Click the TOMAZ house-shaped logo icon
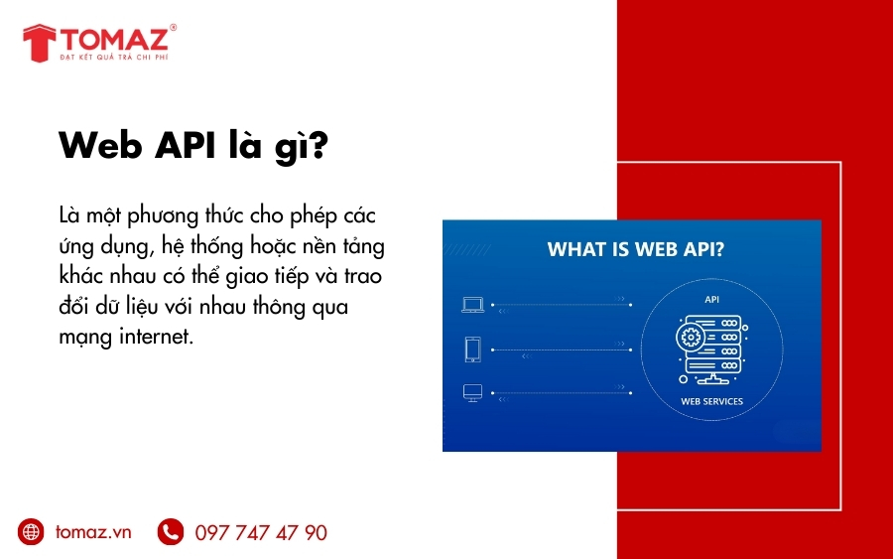[x=39, y=43]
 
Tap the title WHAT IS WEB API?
[x=636, y=249]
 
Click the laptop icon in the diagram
[x=472, y=306]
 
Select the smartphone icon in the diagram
[x=472, y=349]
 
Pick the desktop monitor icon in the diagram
[x=472, y=393]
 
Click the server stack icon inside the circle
[x=711, y=349]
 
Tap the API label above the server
[x=711, y=298]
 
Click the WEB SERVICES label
[x=711, y=402]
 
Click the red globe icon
[x=32, y=532]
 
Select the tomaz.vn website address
[x=93, y=532]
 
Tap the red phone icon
[x=170, y=532]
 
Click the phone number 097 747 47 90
[x=261, y=533]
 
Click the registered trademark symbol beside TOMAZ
[x=173, y=28]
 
